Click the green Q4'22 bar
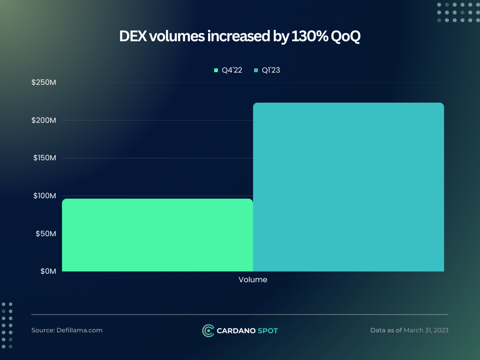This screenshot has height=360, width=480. [x=157, y=235]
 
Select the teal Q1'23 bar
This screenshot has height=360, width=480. [x=348, y=187]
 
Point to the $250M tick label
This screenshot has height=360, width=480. [x=44, y=82]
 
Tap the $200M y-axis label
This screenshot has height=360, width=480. [x=44, y=120]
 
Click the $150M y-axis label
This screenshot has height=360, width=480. [x=45, y=158]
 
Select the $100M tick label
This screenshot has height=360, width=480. [x=45, y=196]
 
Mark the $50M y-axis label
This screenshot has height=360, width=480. [x=45, y=233]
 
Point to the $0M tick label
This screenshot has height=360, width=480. [x=47, y=271]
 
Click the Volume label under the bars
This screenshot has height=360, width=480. [x=253, y=280]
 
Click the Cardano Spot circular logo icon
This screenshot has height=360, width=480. [x=208, y=330]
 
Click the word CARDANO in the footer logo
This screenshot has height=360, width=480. [x=236, y=330]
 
